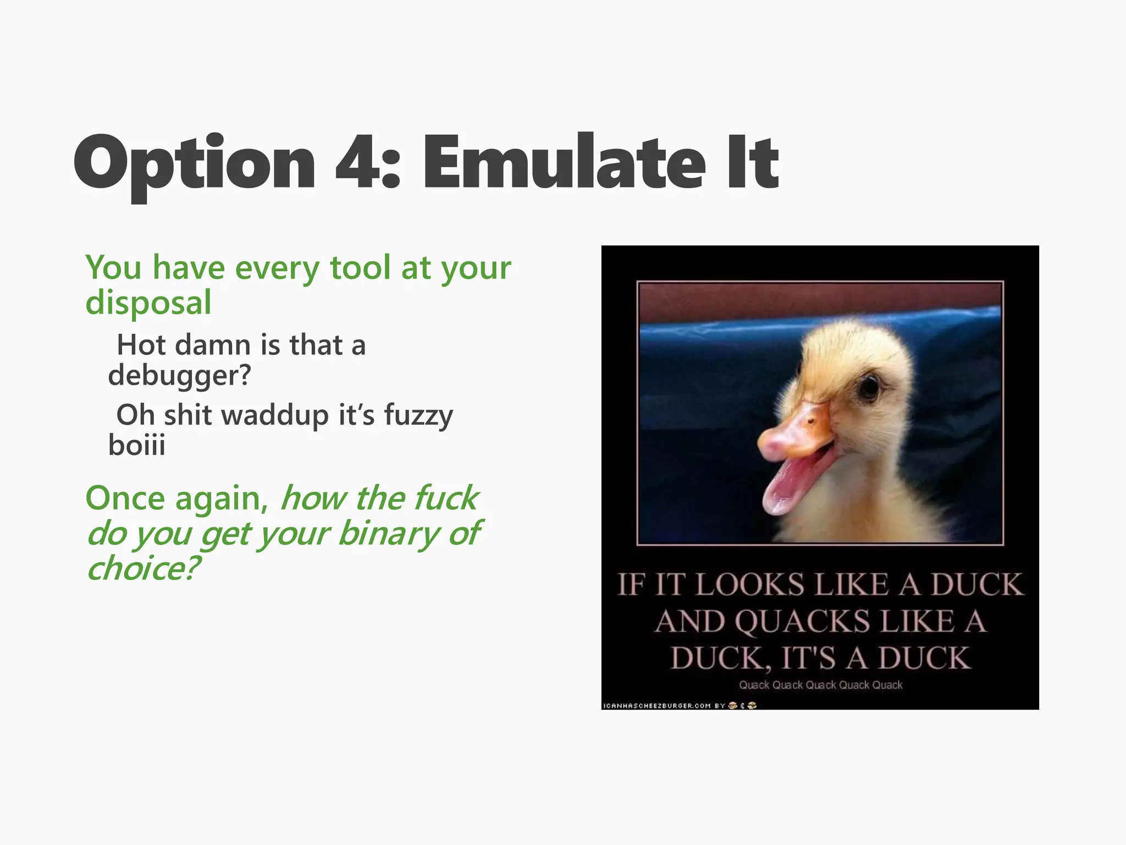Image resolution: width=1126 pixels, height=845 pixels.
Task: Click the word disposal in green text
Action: point(148,303)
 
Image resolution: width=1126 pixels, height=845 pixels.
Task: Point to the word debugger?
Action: point(179,376)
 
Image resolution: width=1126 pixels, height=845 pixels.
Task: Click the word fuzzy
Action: point(418,415)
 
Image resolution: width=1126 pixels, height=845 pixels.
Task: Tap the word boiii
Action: point(136,445)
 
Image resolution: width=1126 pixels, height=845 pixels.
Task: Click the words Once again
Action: point(176,498)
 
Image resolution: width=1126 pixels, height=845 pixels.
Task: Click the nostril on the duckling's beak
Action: point(810,421)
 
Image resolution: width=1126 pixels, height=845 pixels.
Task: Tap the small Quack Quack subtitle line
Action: point(820,685)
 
